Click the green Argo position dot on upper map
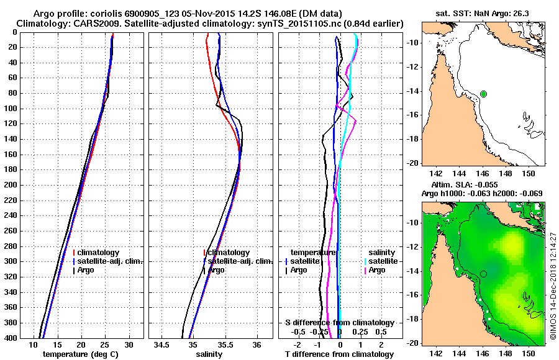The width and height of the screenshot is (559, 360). pyautogui.click(x=483, y=94)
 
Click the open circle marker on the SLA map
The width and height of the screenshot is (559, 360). pyautogui.click(x=483, y=274)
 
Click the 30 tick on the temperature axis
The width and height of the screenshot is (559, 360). pyautogui.click(x=129, y=344)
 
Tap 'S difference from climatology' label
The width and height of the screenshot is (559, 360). pyautogui.click(x=340, y=323)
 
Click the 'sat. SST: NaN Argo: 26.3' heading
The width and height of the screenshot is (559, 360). pyautogui.click(x=483, y=13)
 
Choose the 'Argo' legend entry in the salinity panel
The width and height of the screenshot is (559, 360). pyautogui.click(x=217, y=270)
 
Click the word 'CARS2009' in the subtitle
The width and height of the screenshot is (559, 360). pyautogui.click(x=85, y=23)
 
